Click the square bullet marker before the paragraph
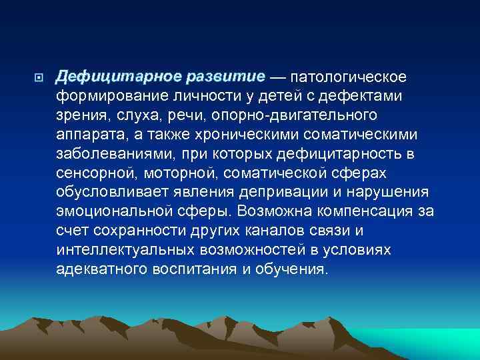(39, 78)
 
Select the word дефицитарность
(345, 155)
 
